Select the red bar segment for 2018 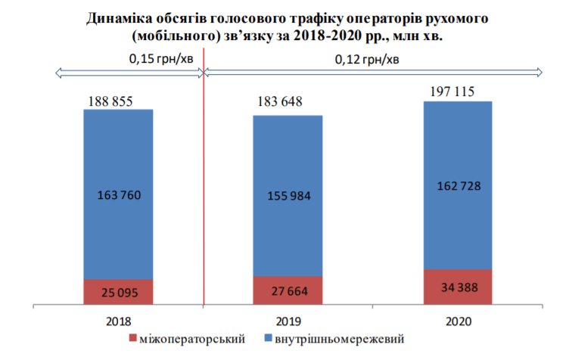pos(118,292)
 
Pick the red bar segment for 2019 pos(288,290)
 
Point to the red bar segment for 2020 pos(457,287)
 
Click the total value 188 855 pos(114,102)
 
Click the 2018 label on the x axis pos(119,321)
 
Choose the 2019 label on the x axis pos(288,321)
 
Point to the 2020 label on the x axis pos(458,321)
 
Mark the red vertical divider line pos(204,189)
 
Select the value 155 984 pos(288,196)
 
